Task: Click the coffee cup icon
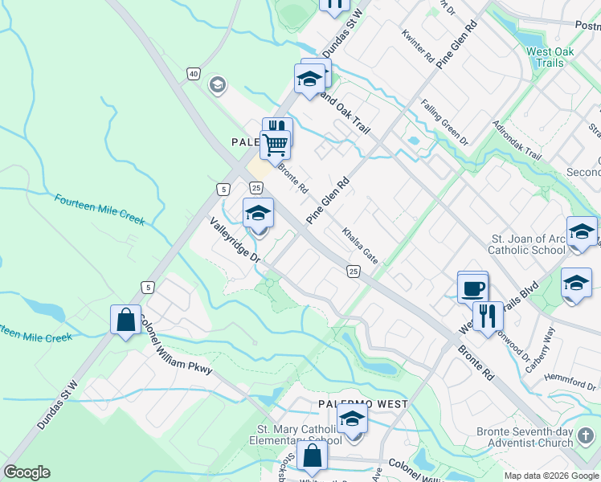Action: click(472, 287)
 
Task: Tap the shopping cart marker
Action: click(275, 145)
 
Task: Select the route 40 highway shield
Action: click(193, 74)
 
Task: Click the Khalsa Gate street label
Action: click(359, 245)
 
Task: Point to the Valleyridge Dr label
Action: click(235, 239)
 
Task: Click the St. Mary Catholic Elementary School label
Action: click(299, 435)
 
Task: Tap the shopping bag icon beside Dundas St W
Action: click(126, 320)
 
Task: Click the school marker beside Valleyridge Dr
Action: click(259, 213)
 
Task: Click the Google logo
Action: click(26, 472)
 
